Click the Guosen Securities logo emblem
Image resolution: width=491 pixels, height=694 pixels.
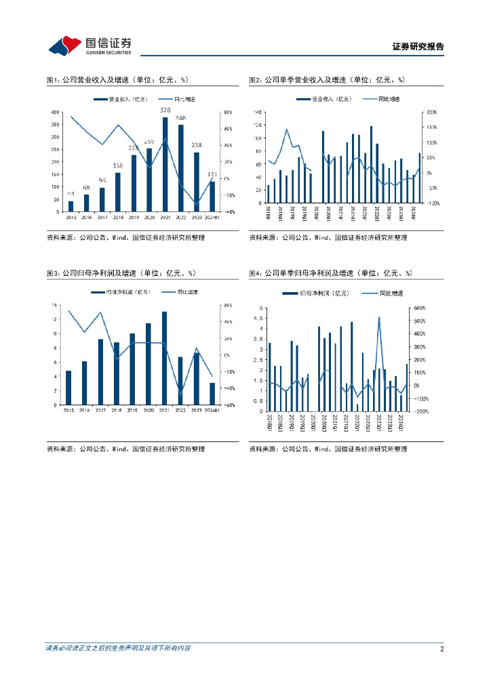(64, 46)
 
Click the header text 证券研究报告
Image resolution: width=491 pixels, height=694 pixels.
(418, 47)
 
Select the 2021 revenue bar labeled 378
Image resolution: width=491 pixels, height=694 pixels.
(165, 164)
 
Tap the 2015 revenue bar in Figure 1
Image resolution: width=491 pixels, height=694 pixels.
(71, 206)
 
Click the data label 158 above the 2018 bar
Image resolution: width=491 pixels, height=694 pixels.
(117, 166)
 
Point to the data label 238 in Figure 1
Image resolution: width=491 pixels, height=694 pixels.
(197, 145)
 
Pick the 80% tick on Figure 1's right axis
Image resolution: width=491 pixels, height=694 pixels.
(229, 112)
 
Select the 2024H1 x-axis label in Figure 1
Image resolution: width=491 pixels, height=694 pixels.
(212, 218)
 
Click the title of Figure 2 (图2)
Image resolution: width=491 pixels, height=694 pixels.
(326, 80)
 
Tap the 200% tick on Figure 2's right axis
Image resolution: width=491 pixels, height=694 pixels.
(432, 112)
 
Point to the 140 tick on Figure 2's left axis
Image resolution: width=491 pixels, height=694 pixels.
(257, 112)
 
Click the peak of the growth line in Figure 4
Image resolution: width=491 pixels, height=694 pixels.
(378, 317)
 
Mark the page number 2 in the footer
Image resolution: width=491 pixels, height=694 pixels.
(441, 649)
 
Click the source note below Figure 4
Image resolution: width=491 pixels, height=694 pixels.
(328, 449)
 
